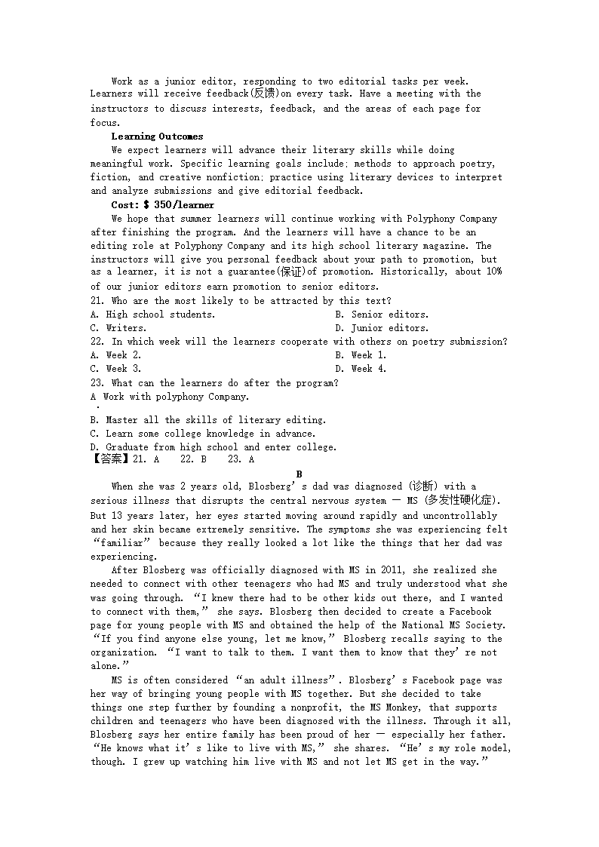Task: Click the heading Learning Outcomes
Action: tap(157, 137)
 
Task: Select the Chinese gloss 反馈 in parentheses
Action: tap(263, 94)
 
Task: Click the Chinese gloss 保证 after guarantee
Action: tap(290, 272)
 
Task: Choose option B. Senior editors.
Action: tap(382, 314)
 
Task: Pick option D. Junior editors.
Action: tap(382, 328)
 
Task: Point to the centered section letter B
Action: tap(299, 474)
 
